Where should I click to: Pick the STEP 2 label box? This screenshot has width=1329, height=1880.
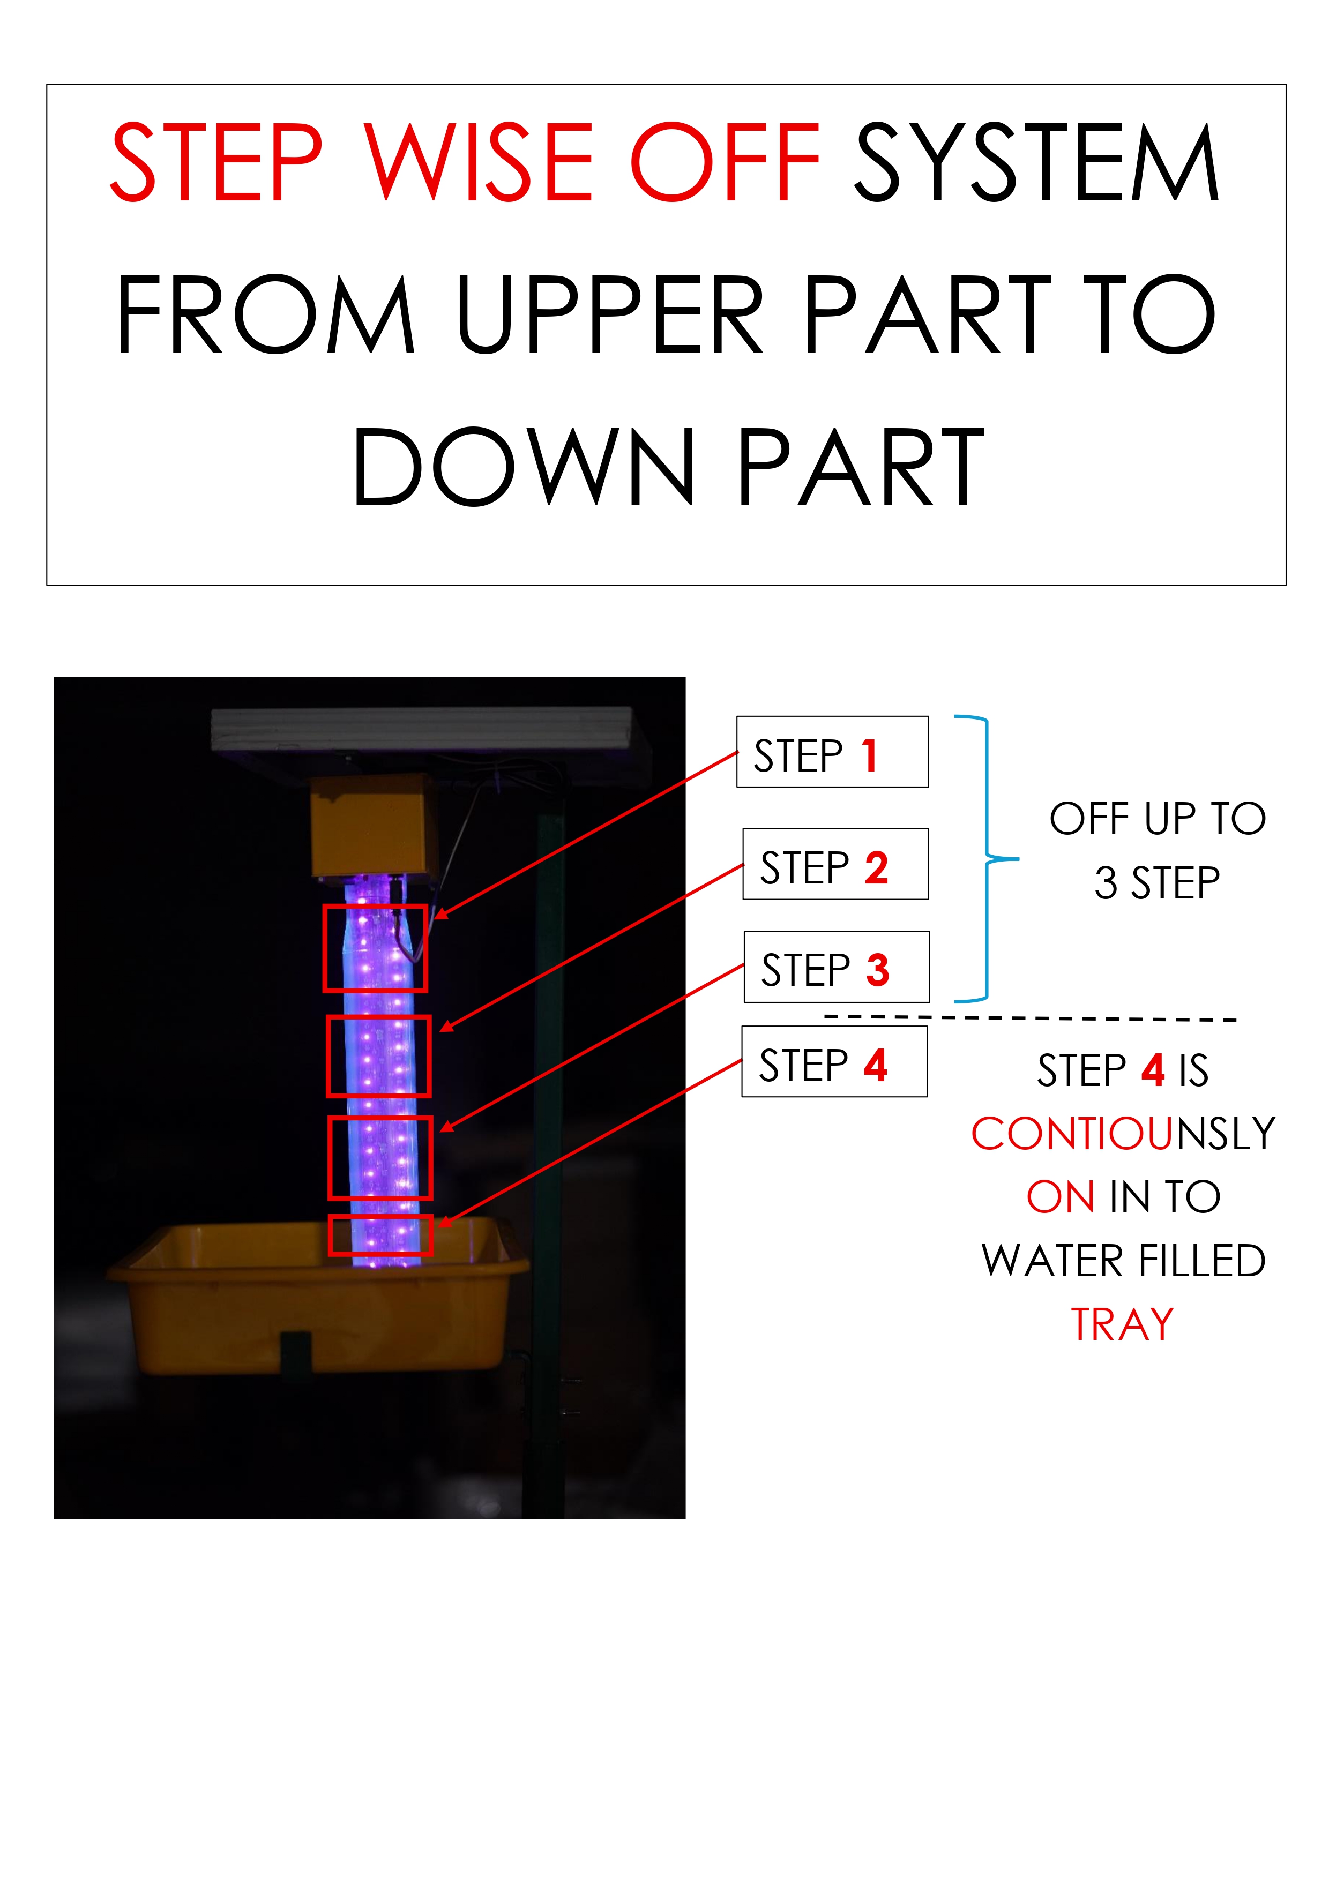point(835,864)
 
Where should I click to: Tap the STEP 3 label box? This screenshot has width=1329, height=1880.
point(836,967)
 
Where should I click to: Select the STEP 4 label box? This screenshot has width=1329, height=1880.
point(834,1061)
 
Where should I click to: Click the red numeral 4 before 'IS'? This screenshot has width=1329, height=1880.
point(1153,1070)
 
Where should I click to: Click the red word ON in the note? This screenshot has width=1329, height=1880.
point(1061,1197)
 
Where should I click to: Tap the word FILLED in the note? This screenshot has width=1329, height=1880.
point(1203,1261)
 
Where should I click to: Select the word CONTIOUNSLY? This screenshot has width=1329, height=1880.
point(1123,1134)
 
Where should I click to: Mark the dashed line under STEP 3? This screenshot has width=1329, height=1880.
point(1030,1018)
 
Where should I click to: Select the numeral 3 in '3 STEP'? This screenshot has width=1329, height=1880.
point(1106,883)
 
